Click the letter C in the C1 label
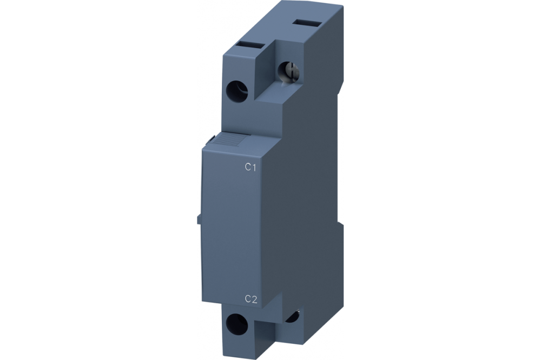click(x=248, y=168)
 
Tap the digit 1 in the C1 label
click(x=253, y=168)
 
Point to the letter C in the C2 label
click(x=248, y=299)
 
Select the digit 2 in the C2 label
click(x=254, y=299)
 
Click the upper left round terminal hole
click(x=236, y=89)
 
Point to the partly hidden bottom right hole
click(x=294, y=316)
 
